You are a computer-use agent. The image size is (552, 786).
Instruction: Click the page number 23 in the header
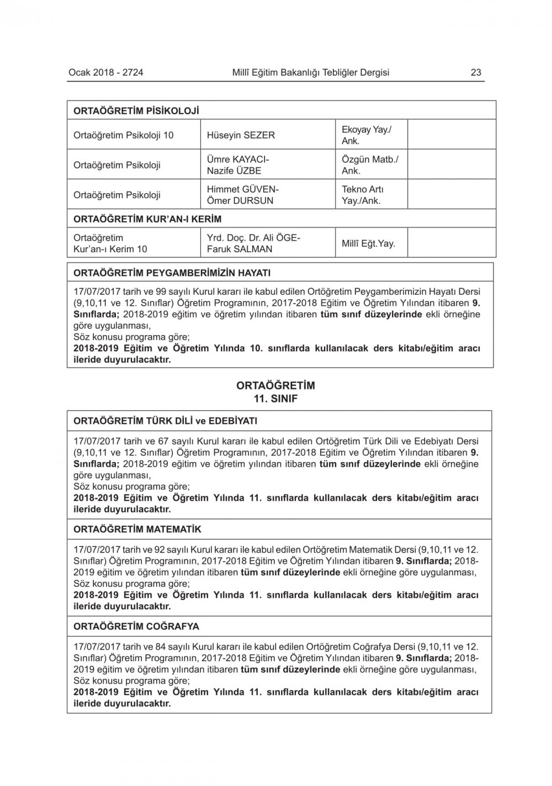[476, 72]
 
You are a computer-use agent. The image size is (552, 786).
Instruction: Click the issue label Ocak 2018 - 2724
[106, 72]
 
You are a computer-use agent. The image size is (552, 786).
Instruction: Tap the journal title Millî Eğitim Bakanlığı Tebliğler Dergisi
[311, 72]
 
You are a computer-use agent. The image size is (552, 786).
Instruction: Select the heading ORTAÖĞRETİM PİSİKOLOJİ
[136, 110]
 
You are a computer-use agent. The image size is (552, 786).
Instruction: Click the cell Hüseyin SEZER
[241, 135]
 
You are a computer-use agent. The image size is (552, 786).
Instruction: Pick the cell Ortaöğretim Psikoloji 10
[124, 135]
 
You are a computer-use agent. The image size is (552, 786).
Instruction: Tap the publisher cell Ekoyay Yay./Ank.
[367, 135]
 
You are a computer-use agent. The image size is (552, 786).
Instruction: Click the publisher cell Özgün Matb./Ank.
[370, 165]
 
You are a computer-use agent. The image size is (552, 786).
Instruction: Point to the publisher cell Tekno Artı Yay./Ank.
[362, 195]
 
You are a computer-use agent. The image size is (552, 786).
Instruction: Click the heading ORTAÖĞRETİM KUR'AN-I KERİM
[147, 219]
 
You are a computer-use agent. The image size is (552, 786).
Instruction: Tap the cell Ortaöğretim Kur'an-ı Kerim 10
[110, 243]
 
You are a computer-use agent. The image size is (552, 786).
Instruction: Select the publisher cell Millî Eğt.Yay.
[368, 243]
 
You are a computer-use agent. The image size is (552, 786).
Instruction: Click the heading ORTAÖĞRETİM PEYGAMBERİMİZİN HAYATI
[172, 273]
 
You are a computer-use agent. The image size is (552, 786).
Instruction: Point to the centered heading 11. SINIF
[275, 399]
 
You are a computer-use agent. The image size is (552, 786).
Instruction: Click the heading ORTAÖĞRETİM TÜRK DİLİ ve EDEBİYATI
[166, 421]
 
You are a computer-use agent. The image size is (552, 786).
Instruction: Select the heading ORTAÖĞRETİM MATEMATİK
[137, 529]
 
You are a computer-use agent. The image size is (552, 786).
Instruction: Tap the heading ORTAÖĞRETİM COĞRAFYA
[136, 626]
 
